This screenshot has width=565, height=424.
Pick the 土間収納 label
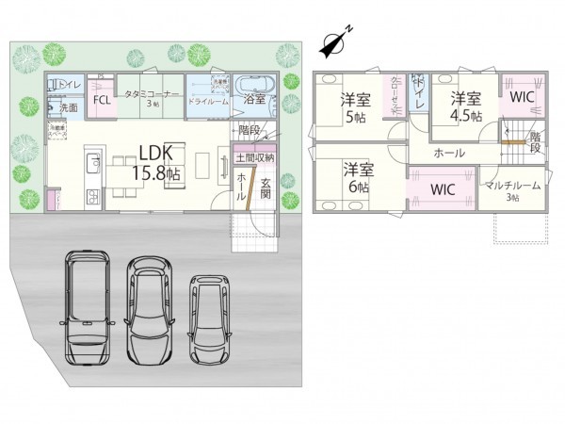(x=255, y=156)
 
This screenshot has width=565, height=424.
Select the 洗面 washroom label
(x=69, y=108)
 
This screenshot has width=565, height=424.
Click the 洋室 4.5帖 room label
(x=465, y=106)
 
